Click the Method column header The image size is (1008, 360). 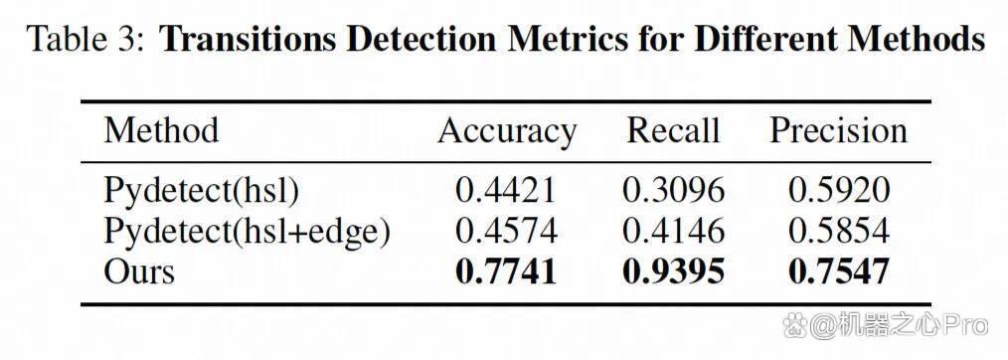tap(161, 130)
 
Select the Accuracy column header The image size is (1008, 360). tap(507, 132)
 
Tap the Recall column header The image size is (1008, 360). tap(673, 130)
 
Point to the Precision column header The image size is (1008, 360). tap(838, 130)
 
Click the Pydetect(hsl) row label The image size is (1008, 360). tap(201, 191)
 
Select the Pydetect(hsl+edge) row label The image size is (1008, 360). tap(247, 232)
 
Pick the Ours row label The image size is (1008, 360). tap(139, 271)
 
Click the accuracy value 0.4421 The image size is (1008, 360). tap(506, 190)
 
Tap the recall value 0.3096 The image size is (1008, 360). tap(673, 190)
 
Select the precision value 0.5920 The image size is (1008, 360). tap(839, 190)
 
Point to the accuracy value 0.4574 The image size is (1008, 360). tap(506, 231)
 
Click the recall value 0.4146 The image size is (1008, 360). tap(673, 231)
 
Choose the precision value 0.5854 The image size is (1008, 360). tap(839, 231)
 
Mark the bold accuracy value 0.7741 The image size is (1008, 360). tap(506, 271)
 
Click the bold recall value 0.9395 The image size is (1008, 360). tap(673, 271)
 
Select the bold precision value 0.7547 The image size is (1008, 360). tap(839, 271)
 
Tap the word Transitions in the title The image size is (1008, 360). tap(248, 40)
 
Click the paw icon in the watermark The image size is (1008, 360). tap(794, 325)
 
